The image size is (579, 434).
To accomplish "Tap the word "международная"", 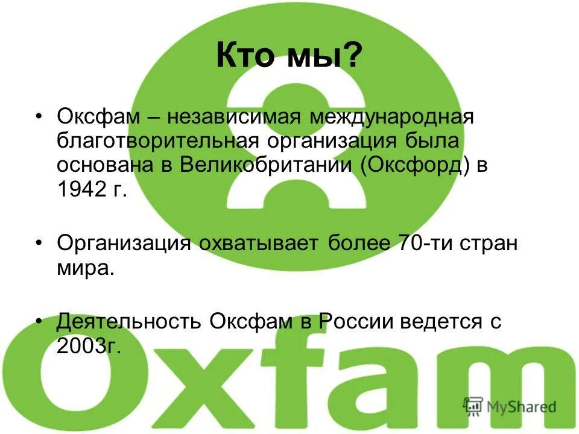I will (x=392, y=116).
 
